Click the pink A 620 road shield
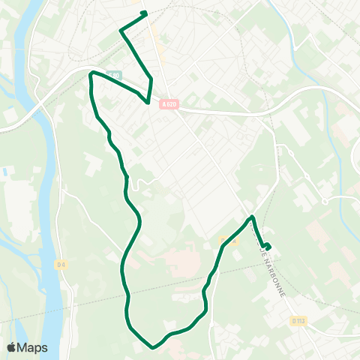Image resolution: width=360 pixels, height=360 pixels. click(x=170, y=106)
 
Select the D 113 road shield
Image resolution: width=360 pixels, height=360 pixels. click(x=298, y=321)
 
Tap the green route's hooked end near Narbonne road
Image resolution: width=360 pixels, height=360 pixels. click(x=268, y=247)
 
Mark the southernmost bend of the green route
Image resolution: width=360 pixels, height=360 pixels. click(x=153, y=347)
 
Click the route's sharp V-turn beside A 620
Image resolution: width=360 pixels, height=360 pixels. click(x=148, y=100)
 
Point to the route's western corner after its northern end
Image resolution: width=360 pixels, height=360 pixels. click(x=121, y=30)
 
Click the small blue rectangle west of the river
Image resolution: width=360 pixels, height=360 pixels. click(x=6, y=172)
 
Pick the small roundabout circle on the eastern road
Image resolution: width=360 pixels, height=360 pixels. click(x=325, y=201)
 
